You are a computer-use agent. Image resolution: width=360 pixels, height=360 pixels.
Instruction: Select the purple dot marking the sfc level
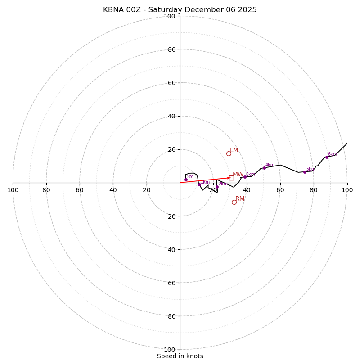186,180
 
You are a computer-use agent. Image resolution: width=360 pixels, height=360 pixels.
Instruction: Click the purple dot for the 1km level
199,184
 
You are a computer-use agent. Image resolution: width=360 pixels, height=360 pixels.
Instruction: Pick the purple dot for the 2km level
217,187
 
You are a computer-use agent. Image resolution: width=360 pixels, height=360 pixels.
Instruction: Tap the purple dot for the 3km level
245,177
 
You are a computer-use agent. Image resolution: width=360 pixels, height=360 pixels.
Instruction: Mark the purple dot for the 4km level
264,168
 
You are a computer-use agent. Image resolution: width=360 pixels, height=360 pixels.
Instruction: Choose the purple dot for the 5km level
305,172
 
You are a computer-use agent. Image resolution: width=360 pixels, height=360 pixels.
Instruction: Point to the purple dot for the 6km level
327,157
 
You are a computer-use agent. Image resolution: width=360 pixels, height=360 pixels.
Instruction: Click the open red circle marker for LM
229,153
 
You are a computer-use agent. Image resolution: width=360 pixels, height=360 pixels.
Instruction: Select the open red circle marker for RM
234,202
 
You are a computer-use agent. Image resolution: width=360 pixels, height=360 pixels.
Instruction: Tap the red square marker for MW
231,178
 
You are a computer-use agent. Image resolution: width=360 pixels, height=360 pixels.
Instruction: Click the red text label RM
240,199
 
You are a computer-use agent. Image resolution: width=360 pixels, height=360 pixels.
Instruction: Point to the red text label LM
234,150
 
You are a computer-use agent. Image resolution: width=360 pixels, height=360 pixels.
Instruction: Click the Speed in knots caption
180,356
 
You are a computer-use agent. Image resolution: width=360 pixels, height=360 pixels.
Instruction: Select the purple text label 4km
270,165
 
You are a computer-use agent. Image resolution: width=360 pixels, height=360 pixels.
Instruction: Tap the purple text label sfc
190,177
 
